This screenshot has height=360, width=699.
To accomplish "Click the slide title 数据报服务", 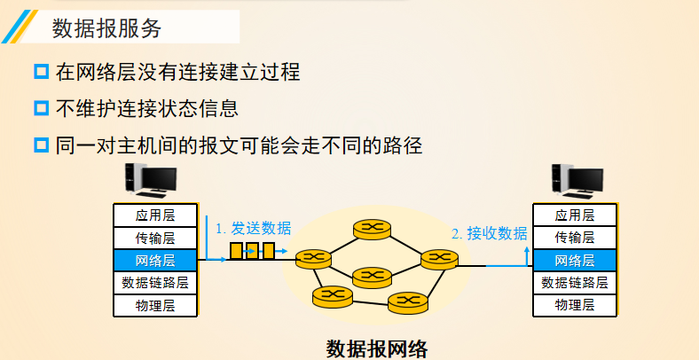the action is tap(107, 27).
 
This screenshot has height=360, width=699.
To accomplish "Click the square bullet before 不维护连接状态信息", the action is tap(41, 108).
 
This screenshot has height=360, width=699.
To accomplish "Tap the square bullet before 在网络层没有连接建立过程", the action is tap(41, 73).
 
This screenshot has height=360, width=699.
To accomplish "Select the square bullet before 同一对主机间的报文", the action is tap(41, 144).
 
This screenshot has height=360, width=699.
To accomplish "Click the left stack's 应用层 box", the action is tap(155, 215).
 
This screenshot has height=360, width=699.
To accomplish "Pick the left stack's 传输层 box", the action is tap(155, 238).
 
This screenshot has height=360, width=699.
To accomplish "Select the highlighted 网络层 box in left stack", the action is tap(155, 261).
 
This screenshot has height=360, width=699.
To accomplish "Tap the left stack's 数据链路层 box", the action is tap(155, 283).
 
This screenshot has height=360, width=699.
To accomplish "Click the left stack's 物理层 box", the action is tap(155, 306).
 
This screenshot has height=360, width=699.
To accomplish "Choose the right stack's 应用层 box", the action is tap(574, 215).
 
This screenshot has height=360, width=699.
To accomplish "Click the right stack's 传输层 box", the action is tap(574, 238).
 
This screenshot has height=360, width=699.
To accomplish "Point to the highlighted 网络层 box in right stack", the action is tap(574, 261).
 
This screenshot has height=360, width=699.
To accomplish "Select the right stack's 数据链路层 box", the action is tap(574, 283).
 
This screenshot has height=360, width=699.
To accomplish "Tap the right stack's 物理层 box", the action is tap(574, 306).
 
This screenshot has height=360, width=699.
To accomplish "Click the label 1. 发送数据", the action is tap(253, 228).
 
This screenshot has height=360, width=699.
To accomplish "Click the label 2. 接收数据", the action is tap(489, 234).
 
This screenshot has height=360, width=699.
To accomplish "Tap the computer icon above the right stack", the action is tap(576, 181).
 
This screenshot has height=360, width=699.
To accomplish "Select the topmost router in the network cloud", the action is tap(373, 229).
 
